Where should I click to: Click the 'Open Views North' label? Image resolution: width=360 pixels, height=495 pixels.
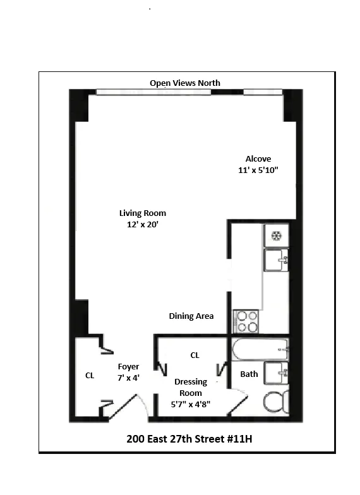184,83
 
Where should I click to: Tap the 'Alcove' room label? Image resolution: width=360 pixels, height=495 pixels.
258,159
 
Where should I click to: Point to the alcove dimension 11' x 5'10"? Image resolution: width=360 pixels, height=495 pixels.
257,170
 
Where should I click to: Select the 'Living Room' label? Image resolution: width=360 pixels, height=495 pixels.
143,213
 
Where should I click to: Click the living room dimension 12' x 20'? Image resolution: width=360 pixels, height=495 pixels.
142,224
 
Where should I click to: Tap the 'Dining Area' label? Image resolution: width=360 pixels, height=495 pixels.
191,316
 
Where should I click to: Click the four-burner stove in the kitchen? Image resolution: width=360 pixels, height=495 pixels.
246,321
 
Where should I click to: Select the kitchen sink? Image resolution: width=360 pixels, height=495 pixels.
276,259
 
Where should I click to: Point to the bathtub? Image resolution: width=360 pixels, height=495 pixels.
260,349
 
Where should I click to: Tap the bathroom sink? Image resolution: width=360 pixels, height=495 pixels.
277,374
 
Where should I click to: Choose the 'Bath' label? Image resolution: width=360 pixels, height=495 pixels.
249,374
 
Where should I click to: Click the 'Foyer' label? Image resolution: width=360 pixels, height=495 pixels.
128,366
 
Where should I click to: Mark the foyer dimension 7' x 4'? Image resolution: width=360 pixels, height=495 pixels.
128,378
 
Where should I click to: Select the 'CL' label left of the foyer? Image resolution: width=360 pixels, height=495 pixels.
90,375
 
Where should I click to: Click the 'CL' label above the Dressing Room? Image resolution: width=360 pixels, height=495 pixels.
195,355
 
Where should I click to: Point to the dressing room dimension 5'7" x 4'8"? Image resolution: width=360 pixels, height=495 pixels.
190,404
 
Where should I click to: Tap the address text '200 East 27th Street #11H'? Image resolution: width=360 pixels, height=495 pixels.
184,438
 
